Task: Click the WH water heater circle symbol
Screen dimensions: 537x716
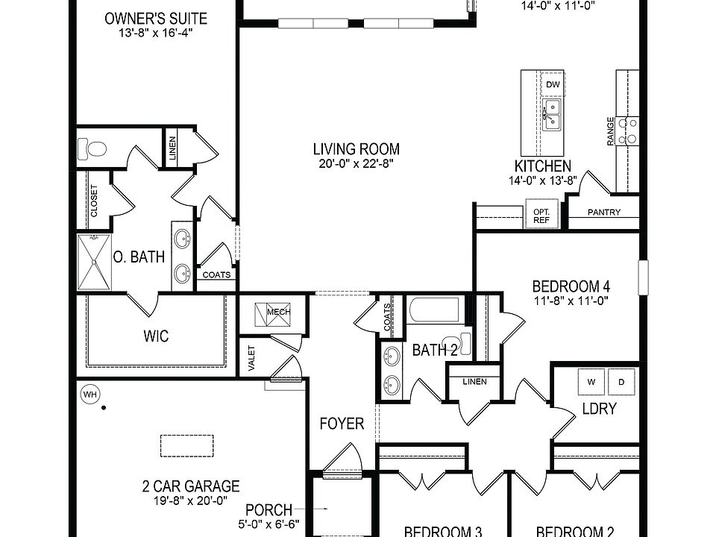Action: point(89,393)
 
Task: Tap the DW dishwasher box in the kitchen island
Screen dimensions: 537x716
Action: point(553,85)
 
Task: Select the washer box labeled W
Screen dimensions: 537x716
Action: point(592,382)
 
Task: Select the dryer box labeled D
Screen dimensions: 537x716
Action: point(621,382)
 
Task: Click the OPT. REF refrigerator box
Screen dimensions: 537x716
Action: point(541,216)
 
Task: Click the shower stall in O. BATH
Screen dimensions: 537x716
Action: point(94,262)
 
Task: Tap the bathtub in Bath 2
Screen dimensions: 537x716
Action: point(433,310)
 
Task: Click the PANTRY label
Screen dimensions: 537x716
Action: point(603,213)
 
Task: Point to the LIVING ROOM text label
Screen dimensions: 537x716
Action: point(356,149)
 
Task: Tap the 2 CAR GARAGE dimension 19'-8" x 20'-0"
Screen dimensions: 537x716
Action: point(190,501)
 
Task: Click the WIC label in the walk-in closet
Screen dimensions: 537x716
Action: point(156,336)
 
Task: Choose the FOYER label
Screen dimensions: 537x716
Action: point(342,424)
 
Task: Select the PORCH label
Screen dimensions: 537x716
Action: point(268,510)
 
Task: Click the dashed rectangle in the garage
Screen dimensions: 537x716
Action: point(186,446)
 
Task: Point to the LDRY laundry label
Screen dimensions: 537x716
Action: point(599,409)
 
